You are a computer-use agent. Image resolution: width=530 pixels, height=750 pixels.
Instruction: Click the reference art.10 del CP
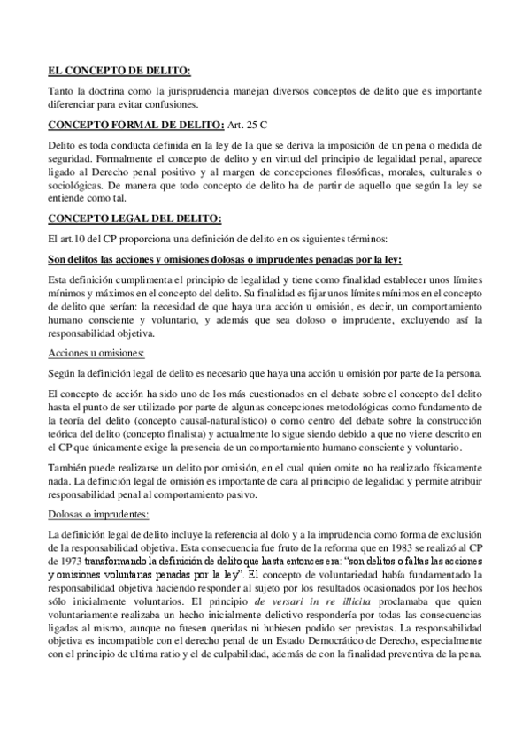point(78,240)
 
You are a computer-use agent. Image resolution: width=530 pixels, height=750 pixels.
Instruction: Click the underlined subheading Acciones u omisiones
point(91,352)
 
